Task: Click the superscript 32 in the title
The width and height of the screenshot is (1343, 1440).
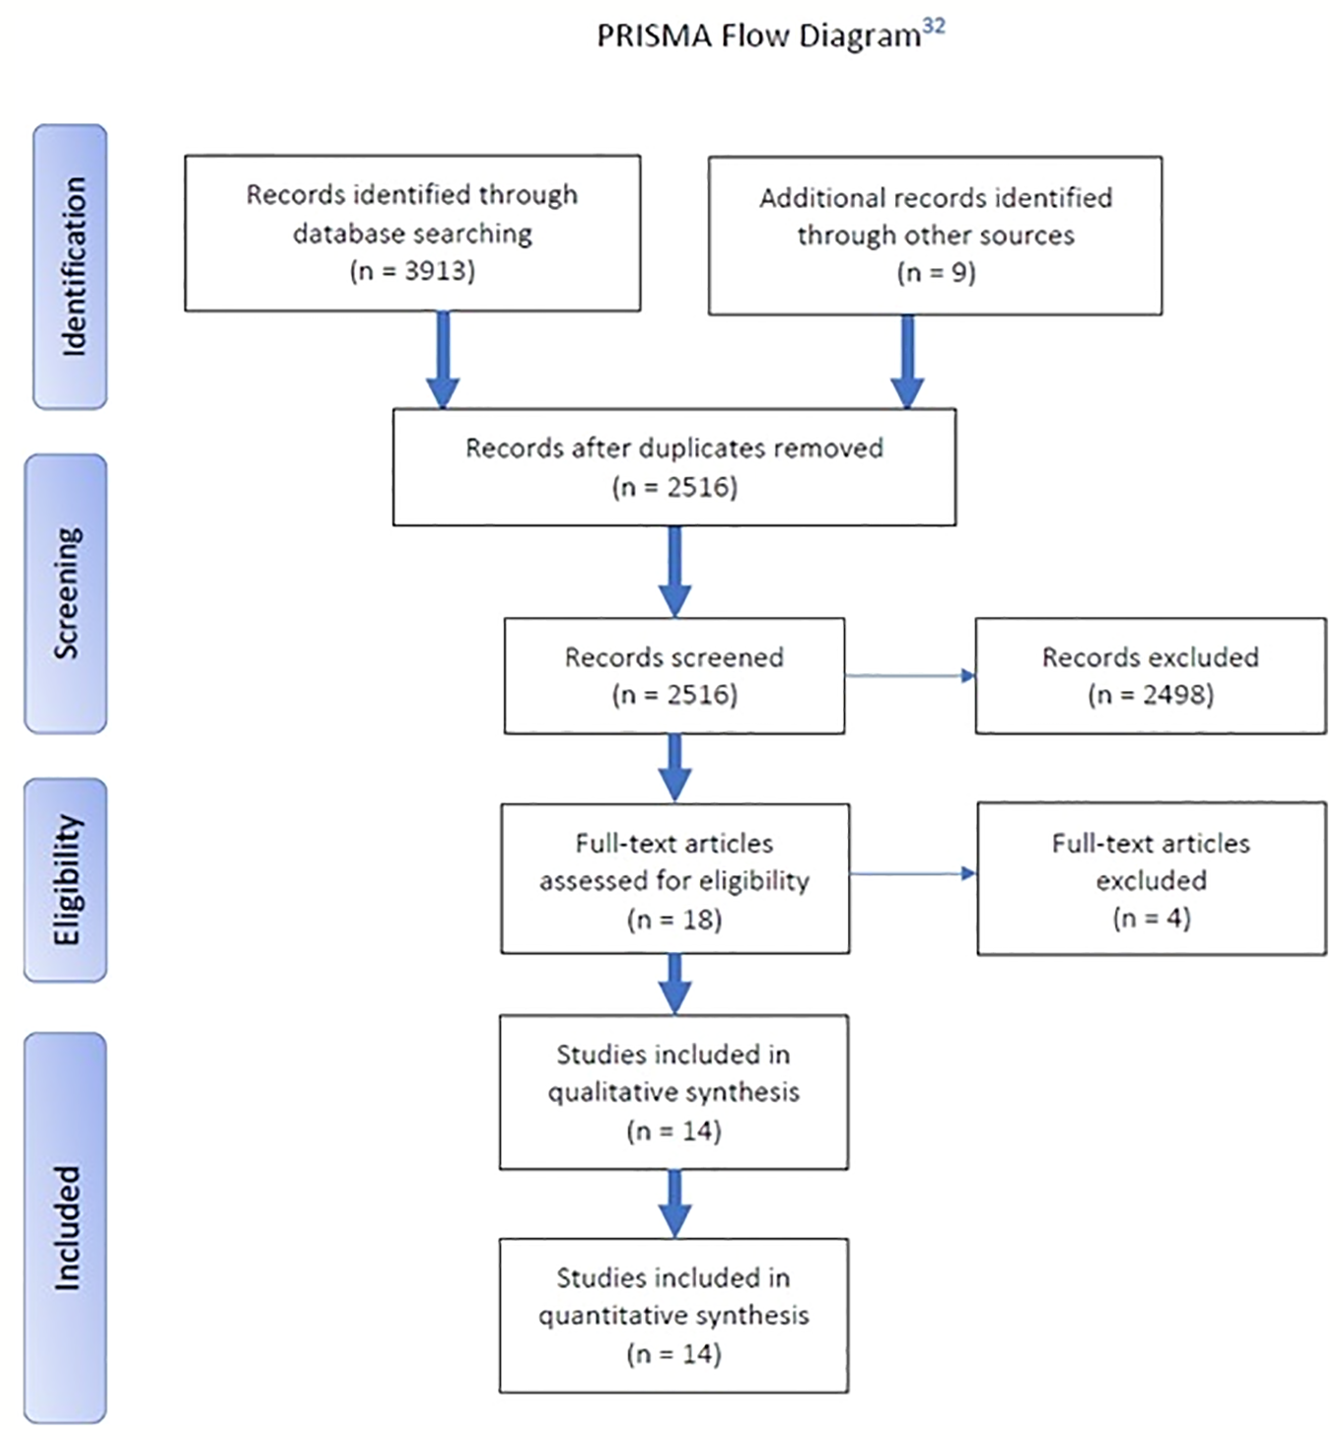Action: pyautogui.click(x=933, y=26)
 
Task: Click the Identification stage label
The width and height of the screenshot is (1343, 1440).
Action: pyautogui.click(x=70, y=266)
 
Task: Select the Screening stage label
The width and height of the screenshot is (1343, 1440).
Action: pyautogui.click(x=66, y=593)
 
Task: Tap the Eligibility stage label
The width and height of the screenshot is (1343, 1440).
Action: pyautogui.click(x=66, y=879)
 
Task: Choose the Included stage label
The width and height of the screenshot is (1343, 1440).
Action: pyautogui.click(x=66, y=1227)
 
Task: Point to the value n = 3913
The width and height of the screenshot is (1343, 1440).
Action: pyautogui.click(x=412, y=271)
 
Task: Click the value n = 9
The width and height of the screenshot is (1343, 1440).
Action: pyautogui.click(x=936, y=273)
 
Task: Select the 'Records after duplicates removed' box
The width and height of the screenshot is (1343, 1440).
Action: pyautogui.click(x=673, y=467)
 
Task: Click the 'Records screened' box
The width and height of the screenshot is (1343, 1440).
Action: pyautogui.click(x=673, y=676)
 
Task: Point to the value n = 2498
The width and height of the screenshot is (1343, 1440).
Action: pyautogui.click(x=1151, y=695)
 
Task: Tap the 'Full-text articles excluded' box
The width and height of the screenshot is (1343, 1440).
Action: pyautogui.click(x=1151, y=878)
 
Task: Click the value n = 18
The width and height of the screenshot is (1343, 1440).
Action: pyautogui.click(x=674, y=920)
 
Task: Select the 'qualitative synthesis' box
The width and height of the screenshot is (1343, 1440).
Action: pyautogui.click(x=673, y=1092)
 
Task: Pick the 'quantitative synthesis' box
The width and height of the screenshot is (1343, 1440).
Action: pyautogui.click(x=673, y=1315)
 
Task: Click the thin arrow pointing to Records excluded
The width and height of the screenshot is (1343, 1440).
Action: pyautogui.click(x=909, y=676)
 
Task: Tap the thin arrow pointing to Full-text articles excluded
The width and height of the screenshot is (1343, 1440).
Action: pyautogui.click(x=912, y=873)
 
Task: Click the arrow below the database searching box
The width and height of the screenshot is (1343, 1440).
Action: pyautogui.click(x=443, y=360)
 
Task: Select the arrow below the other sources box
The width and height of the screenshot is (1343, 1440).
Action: pyautogui.click(x=907, y=361)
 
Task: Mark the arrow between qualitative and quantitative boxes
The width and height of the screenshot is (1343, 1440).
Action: pyautogui.click(x=674, y=1203)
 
